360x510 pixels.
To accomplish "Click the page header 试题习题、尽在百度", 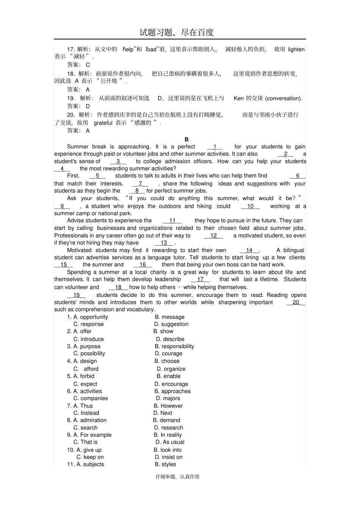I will click(177, 33).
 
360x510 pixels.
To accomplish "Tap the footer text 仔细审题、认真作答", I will click(177, 477).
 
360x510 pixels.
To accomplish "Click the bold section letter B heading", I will click(186, 139).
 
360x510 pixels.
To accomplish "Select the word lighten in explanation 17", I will click(296, 49).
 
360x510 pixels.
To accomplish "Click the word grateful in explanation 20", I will click(103, 122).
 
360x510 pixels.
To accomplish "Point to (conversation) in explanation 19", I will click(283, 98).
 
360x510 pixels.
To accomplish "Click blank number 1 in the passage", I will click(215, 147).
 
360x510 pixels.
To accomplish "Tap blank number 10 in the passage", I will click(250, 206).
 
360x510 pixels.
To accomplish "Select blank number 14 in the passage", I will click(249, 250).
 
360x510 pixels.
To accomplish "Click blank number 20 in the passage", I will click(296, 302).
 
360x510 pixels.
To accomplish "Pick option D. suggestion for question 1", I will click(171, 324).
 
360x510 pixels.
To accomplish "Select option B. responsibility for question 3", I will click(174, 346).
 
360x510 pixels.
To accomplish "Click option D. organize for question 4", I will click(171, 369).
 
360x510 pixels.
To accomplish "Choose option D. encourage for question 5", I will click(171, 384).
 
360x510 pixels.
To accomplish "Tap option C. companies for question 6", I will click(91, 398).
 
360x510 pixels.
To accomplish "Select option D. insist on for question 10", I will click(169, 457).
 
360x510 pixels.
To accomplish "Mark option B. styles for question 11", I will click(165, 464).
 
